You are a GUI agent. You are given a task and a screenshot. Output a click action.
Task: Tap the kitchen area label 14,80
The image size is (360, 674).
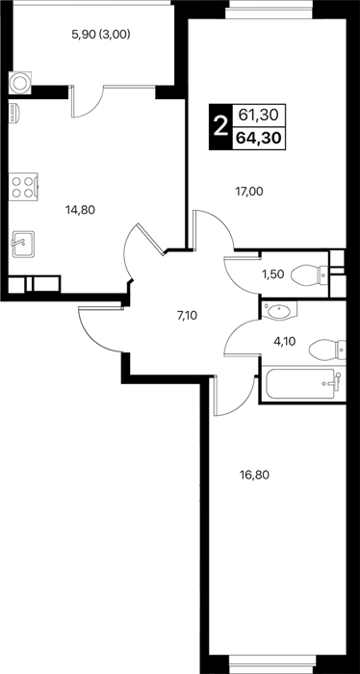click(80, 210)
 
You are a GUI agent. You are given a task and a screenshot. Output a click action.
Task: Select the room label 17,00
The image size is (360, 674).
click(248, 192)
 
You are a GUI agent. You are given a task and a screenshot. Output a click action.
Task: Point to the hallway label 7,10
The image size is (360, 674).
click(187, 317)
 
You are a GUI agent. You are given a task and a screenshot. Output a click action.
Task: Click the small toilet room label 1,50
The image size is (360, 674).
click(272, 273)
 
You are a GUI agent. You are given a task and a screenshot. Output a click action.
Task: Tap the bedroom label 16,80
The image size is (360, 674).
click(254, 475)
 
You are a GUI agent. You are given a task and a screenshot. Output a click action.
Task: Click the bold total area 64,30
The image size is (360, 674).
click(259, 139)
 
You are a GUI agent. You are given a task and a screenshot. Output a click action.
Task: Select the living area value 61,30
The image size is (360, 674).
click(259, 115)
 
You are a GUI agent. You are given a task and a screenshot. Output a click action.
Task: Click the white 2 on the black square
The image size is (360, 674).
click(220, 127)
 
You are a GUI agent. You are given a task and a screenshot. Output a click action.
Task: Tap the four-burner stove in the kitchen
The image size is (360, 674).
click(24, 187)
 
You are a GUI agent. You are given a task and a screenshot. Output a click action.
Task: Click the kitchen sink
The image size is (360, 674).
click(23, 245)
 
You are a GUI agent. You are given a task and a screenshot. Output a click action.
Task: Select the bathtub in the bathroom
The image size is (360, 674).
click(303, 383)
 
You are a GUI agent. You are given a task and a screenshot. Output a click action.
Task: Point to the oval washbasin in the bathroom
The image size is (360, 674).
click(278, 310)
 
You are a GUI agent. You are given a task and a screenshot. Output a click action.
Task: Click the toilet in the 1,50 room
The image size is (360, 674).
click(309, 274)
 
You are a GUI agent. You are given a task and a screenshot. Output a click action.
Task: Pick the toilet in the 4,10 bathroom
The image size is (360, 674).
click(327, 350)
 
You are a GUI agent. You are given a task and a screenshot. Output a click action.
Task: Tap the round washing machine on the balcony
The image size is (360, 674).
click(20, 83)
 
